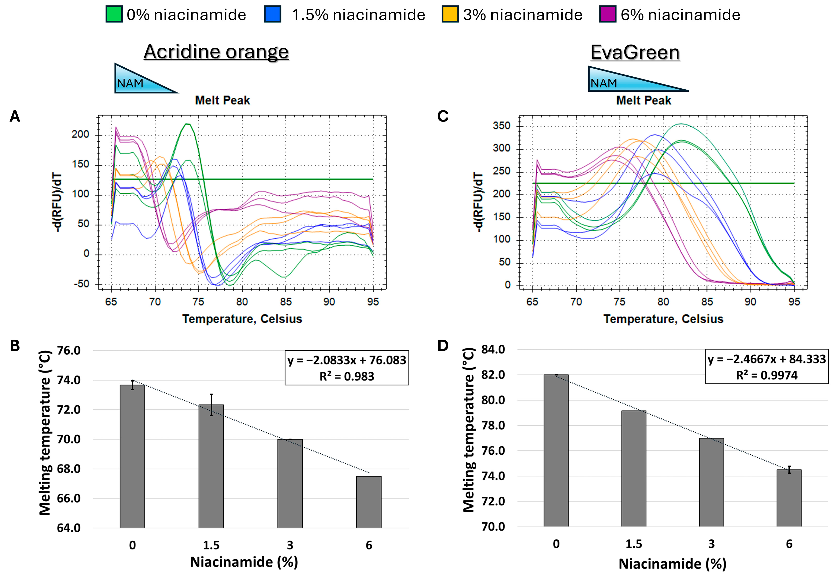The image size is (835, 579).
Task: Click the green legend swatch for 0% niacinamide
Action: coord(114,15)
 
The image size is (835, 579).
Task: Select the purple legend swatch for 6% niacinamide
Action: coord(607,15)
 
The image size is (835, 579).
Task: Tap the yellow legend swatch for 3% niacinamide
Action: coord(450,15)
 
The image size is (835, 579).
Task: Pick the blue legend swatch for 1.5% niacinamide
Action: coord(273,15)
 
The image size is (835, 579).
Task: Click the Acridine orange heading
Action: coord(216,52)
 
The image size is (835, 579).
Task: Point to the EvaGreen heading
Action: coord(635,52)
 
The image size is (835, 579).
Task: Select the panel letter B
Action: coord(15,346)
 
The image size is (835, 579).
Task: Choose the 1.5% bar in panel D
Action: coord(634,468)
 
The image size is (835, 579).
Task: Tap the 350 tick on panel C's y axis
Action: coord(501,126)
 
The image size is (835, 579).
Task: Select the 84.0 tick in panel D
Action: coord(493,350)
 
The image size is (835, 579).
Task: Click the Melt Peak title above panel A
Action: coord(222,100)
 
